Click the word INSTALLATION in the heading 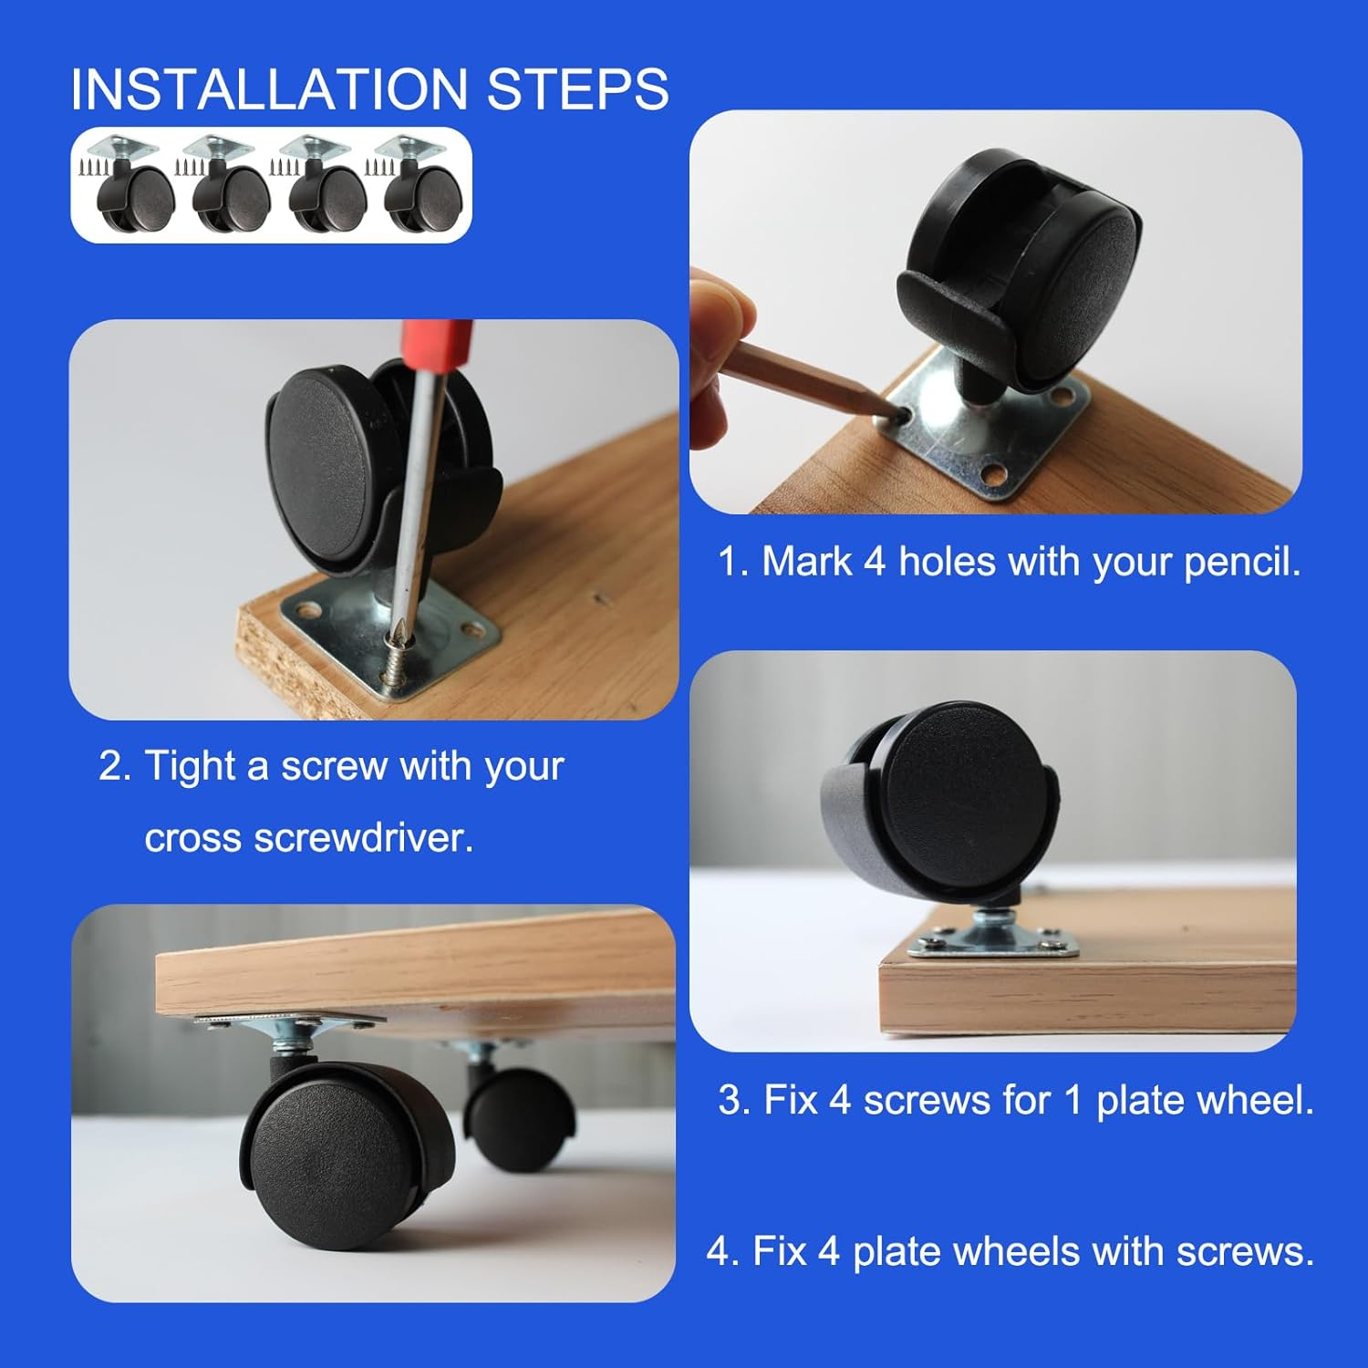coord(268,89)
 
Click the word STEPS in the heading coord(577,89)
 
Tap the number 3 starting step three coord(730,1100)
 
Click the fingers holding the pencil coord(720,356)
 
